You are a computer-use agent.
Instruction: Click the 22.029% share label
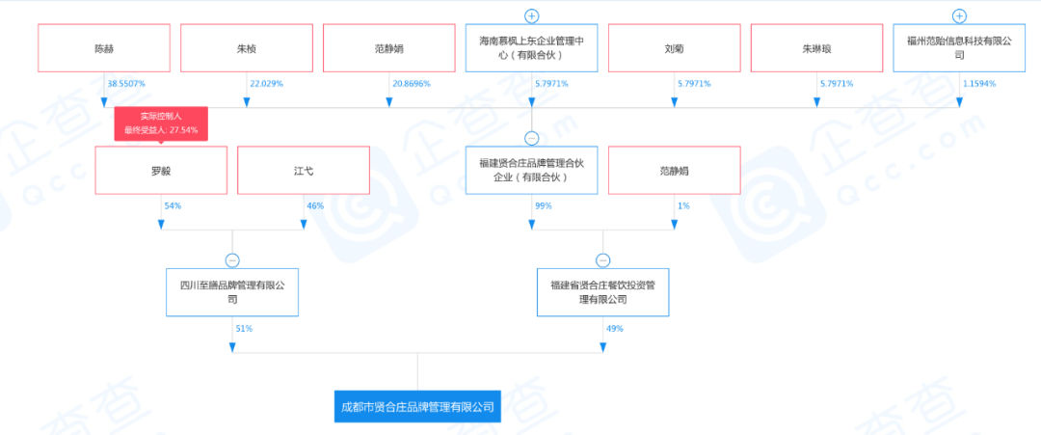click(266, 84)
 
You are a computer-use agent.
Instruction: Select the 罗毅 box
click(161, 171)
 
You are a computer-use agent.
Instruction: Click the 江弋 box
click(304, 171)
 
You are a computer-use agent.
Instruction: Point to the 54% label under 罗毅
click(173, 206)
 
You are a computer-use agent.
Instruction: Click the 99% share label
click(543, 206)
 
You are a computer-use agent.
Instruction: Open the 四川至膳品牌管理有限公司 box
click(232, 292)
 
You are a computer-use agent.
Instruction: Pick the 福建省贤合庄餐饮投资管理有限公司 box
click(603, 292)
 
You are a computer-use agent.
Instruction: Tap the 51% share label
click(244, 329)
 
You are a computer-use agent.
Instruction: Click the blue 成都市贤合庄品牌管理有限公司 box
click(416, 408)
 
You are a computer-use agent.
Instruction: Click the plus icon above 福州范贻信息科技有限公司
click(959, 15)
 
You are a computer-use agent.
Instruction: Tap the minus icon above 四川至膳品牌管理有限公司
click(232, 260)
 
